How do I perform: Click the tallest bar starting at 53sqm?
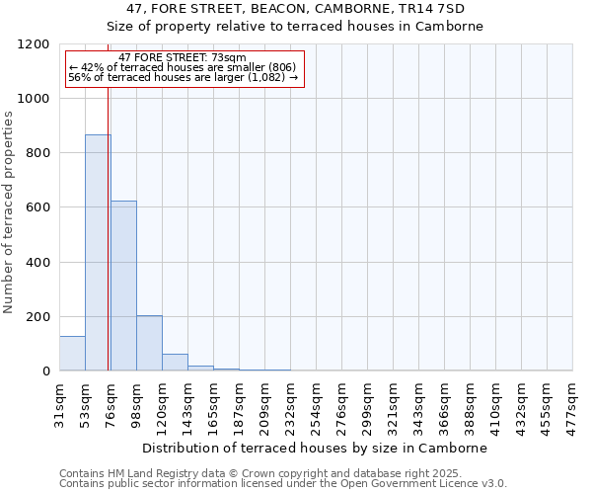(98, 253)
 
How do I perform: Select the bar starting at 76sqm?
(123, 286)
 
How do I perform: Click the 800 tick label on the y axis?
(38, 153)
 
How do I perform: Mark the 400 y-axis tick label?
(38, 262)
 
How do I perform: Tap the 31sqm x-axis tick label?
(59, 403)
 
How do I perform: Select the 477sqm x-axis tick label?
(572, 403)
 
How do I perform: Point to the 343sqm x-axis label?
(418, 403)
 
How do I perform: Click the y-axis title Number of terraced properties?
(9, 212)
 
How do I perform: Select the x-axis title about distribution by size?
(322, 448)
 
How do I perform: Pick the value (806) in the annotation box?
(281, 67)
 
